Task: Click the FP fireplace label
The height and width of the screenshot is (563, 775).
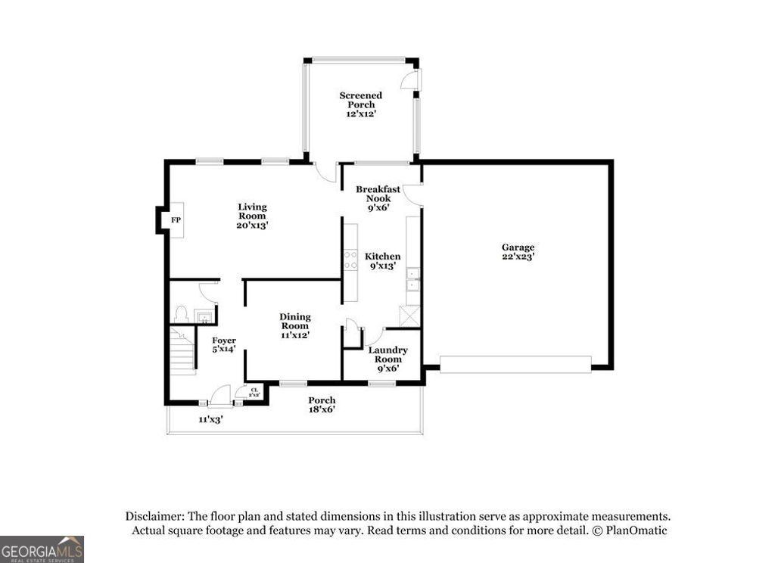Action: point(176,220)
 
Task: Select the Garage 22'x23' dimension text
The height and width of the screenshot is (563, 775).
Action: point(518,257)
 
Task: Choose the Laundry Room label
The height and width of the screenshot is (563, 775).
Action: point(387,354)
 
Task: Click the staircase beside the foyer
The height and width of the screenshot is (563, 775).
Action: point(182,352)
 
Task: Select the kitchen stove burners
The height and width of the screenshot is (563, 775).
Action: point(351,260)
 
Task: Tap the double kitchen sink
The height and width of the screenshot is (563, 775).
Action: point(412,281)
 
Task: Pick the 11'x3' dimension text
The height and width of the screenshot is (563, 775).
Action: point(210,419)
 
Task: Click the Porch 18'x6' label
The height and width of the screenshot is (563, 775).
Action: point(322,405)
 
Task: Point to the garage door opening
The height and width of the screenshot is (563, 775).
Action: point(515,365)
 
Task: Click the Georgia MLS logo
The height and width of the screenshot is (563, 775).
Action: point(42,549)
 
